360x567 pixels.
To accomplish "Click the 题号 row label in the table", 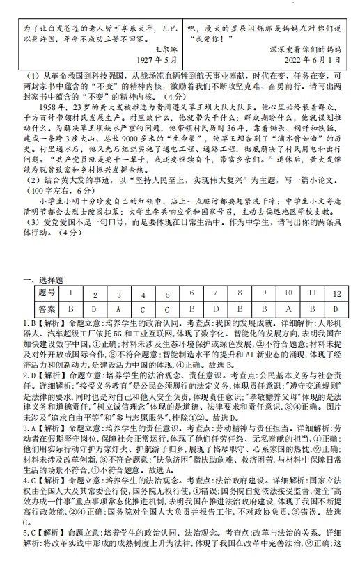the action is pos(46,293).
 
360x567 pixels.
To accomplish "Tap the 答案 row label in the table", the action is pos(46,308).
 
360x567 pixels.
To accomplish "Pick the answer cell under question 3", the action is pos(118,308).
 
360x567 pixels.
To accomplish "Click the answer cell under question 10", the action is pos(288,308).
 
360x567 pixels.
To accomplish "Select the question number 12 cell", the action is pos(336,293).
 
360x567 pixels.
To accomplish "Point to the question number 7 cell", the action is pos(215,293).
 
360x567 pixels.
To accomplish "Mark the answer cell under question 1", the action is pos(70,308).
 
